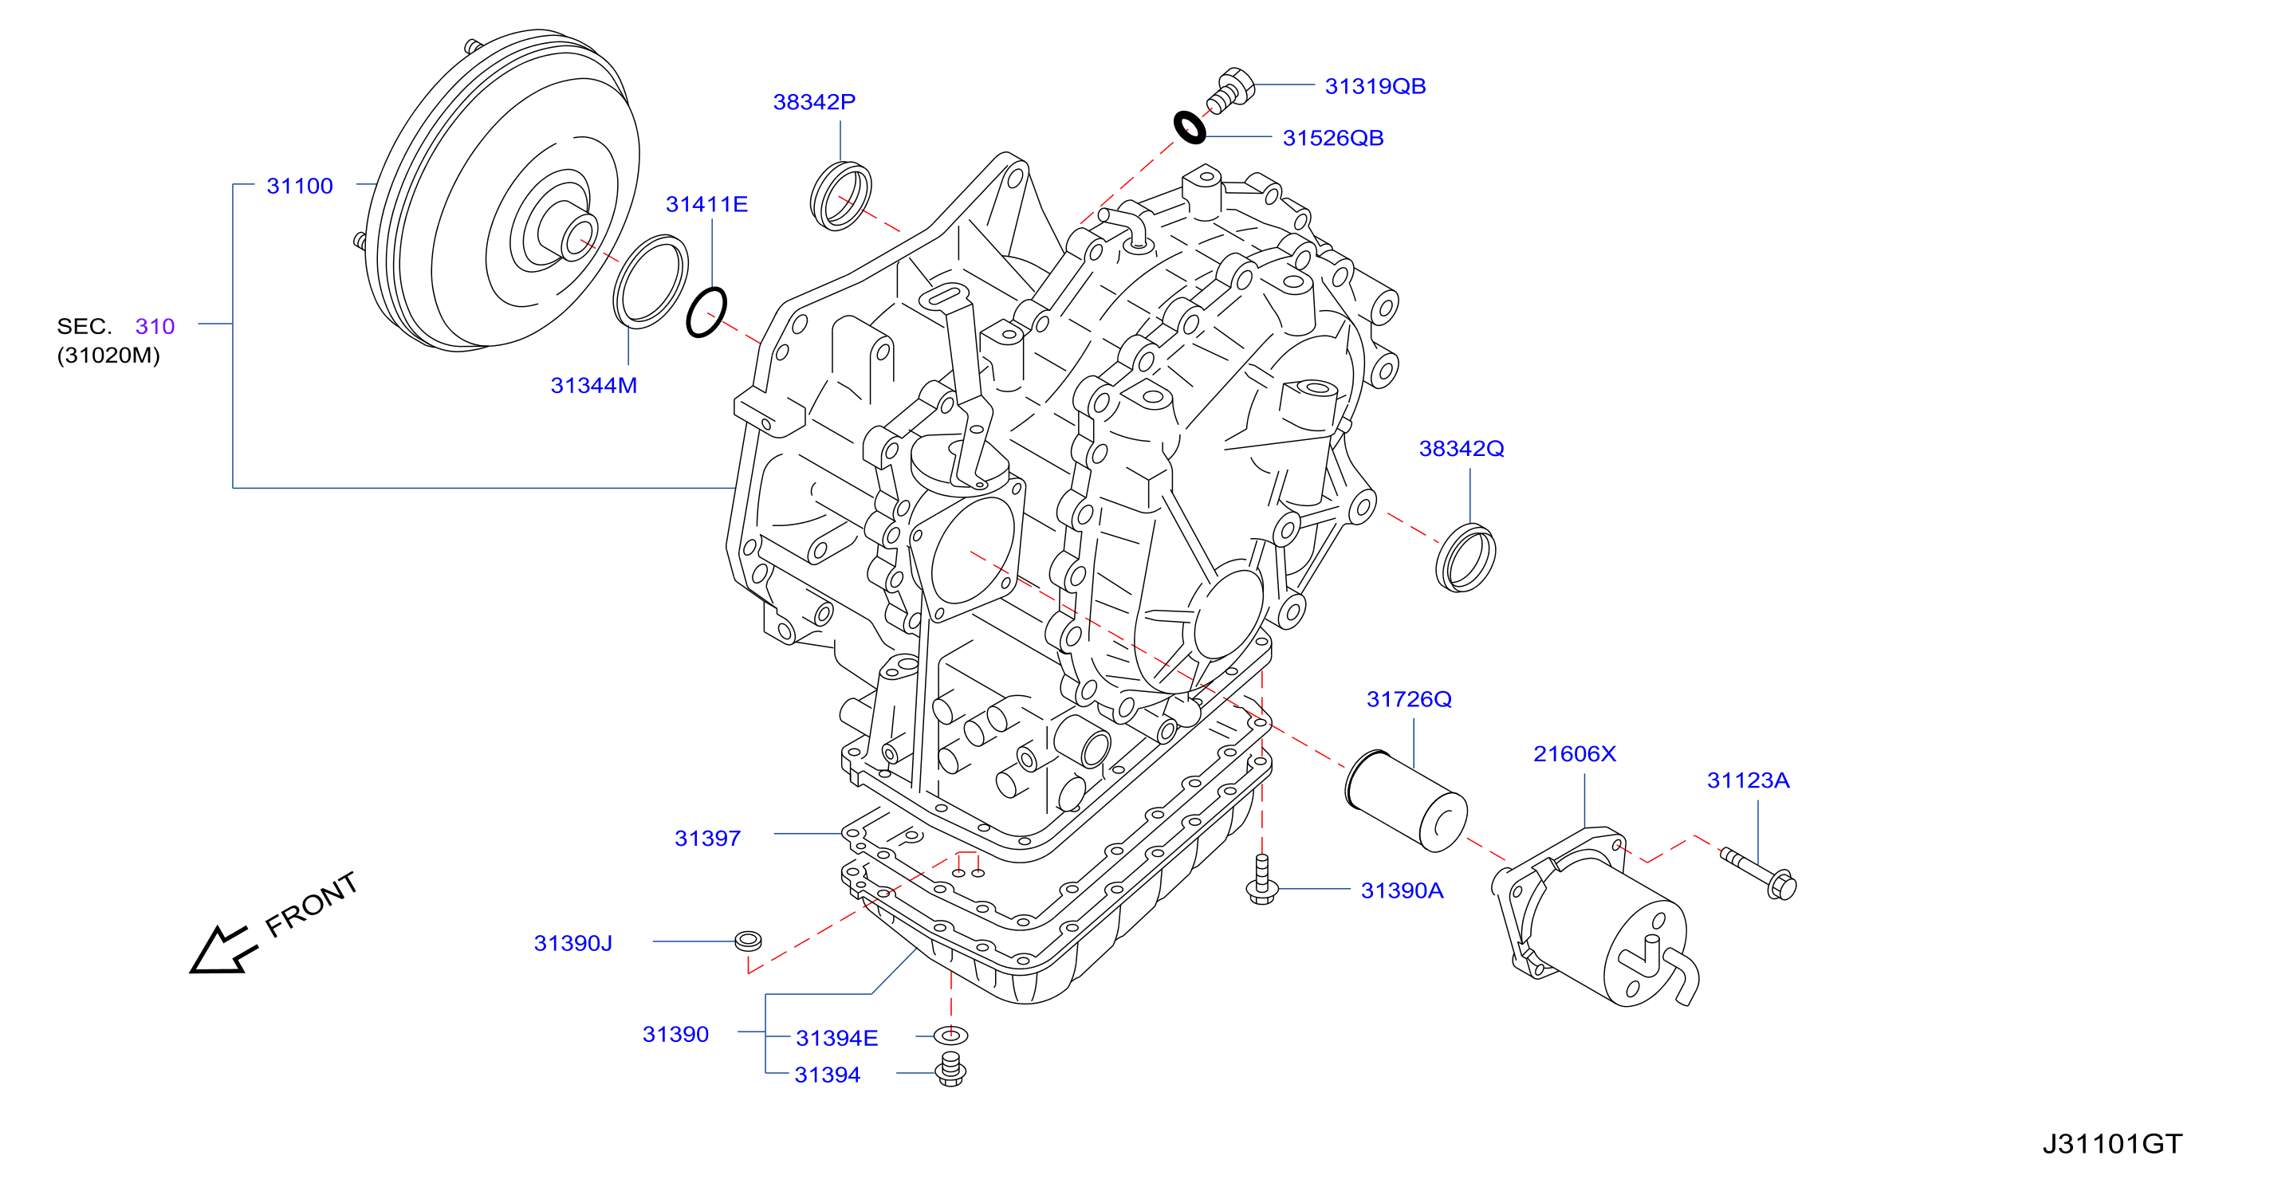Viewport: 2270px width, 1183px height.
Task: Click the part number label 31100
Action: click(300, 186)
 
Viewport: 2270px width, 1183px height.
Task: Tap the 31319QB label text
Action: click(1375, 86)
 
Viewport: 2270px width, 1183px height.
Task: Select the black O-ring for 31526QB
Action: click(1190, 127)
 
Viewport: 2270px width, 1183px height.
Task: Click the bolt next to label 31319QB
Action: click(1230, 90)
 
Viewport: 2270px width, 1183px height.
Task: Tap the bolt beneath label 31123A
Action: click(1758, 873)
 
